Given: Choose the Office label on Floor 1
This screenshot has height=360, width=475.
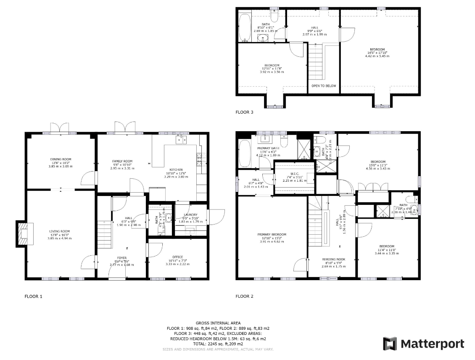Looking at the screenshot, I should pyautogui.click(x=177, y=257).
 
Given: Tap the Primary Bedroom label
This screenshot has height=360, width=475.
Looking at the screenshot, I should pyautogui.click(x=272, y=234).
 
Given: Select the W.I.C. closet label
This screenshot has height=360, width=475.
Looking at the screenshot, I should pyautogui.click(x=295, y=177).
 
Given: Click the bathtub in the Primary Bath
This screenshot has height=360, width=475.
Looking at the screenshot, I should pyautogui.click(x=244, y=154).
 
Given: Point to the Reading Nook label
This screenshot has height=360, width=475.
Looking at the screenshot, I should pyautogui.click(x=333, y=259).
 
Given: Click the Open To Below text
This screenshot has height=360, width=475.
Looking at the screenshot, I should pyautogui.click(x=324, y=86).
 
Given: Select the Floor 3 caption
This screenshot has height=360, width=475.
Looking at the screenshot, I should pyautogui.click(x=244, y=112).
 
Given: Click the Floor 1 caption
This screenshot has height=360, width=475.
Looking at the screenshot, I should pyautogui.click(x=34, y=296).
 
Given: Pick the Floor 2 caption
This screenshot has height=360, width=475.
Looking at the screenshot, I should pyautogui.click(x=244, y=296).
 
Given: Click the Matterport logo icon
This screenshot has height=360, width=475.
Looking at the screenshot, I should pyautogui.click(x=390, y=344).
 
